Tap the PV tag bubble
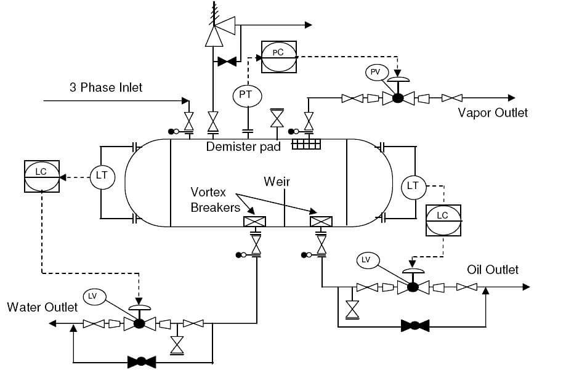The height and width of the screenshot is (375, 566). [x=376, y=73]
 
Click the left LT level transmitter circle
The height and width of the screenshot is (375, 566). [x=102, y=176]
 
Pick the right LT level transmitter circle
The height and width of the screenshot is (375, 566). [x=413, y=185]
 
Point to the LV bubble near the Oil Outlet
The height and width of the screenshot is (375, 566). [x=366, y=260]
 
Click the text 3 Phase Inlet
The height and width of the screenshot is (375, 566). [x=106, y=87]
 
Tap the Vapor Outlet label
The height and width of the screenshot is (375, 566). [x=493, y=113]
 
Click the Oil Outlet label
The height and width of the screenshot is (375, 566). [x=493, y=270]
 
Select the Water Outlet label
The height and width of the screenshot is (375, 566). [x=42, y=307]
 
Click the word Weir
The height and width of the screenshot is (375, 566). [x=277, y=182]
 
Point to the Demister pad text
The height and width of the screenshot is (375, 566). [x=244, y=147]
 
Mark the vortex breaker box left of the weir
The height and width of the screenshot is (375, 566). [x=254, y=222]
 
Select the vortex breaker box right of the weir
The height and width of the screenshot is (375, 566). [x=321, y=222]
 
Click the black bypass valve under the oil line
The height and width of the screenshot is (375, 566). [x=414, y=325]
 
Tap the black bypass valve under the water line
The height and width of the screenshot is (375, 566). [x=142, y=361]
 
